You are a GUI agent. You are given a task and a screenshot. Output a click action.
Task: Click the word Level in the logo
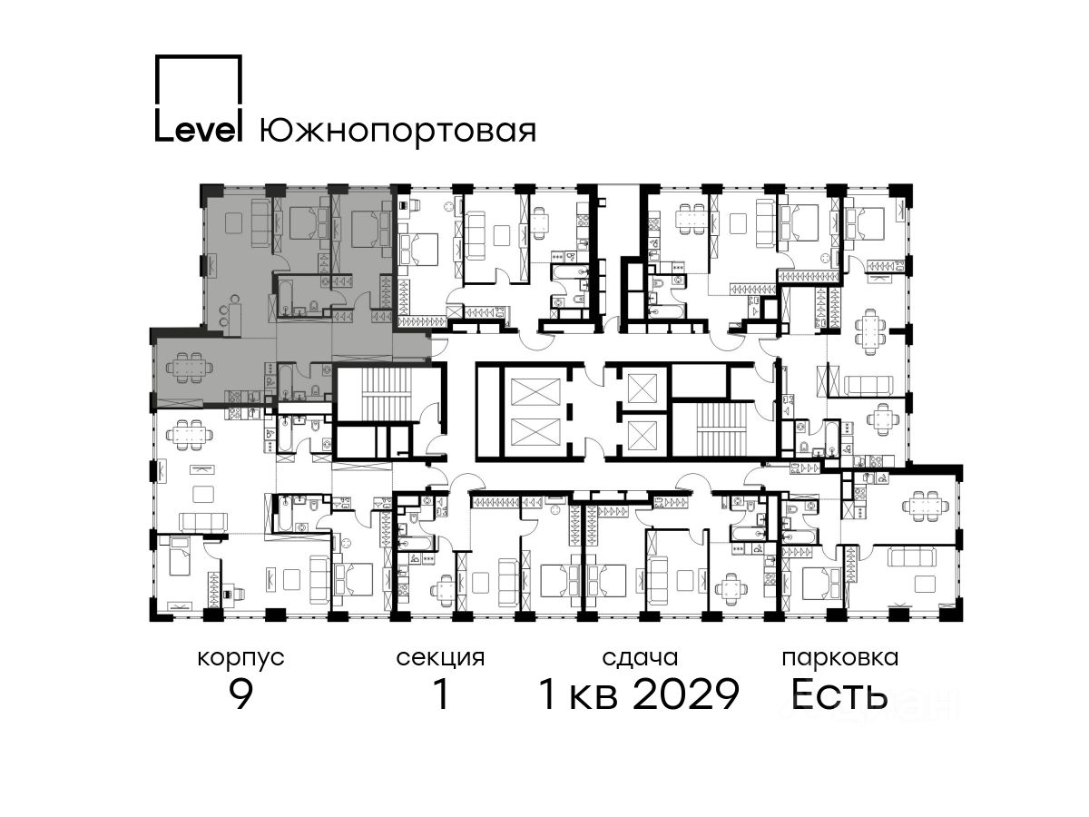199,131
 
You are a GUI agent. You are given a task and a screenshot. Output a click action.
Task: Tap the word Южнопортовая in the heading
397,133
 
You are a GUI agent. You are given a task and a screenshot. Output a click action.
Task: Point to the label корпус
241,659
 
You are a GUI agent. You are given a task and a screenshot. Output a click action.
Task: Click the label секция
440,659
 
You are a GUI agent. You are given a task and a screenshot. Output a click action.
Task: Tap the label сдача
640,658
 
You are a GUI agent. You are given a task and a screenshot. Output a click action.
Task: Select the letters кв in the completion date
594,698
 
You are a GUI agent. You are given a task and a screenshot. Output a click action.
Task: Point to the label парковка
840,659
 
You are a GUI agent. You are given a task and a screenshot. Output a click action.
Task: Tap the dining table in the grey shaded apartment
190,368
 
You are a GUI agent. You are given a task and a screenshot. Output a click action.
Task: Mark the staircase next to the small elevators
721,428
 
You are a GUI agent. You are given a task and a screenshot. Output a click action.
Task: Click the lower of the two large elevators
535,432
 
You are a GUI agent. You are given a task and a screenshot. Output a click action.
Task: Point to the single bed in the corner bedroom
179,556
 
